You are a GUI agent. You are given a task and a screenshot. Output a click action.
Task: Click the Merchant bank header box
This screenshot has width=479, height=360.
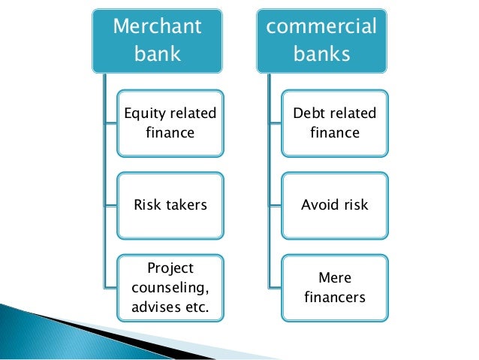156,41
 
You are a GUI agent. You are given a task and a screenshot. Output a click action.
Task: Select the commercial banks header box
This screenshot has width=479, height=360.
322,41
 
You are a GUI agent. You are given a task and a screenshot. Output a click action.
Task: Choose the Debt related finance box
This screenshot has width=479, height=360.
334,123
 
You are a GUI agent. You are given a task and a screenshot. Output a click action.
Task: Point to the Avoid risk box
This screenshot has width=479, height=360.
334,204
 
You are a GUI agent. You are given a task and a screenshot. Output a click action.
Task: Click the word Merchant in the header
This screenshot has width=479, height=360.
156,27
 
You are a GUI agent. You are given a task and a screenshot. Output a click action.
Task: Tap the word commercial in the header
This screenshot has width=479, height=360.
322,27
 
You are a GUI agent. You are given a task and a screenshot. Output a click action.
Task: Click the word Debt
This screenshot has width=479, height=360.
309,114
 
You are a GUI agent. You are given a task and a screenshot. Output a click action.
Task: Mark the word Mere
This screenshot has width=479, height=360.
335,277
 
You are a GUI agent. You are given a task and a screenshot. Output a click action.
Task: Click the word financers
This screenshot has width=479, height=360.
335,297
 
